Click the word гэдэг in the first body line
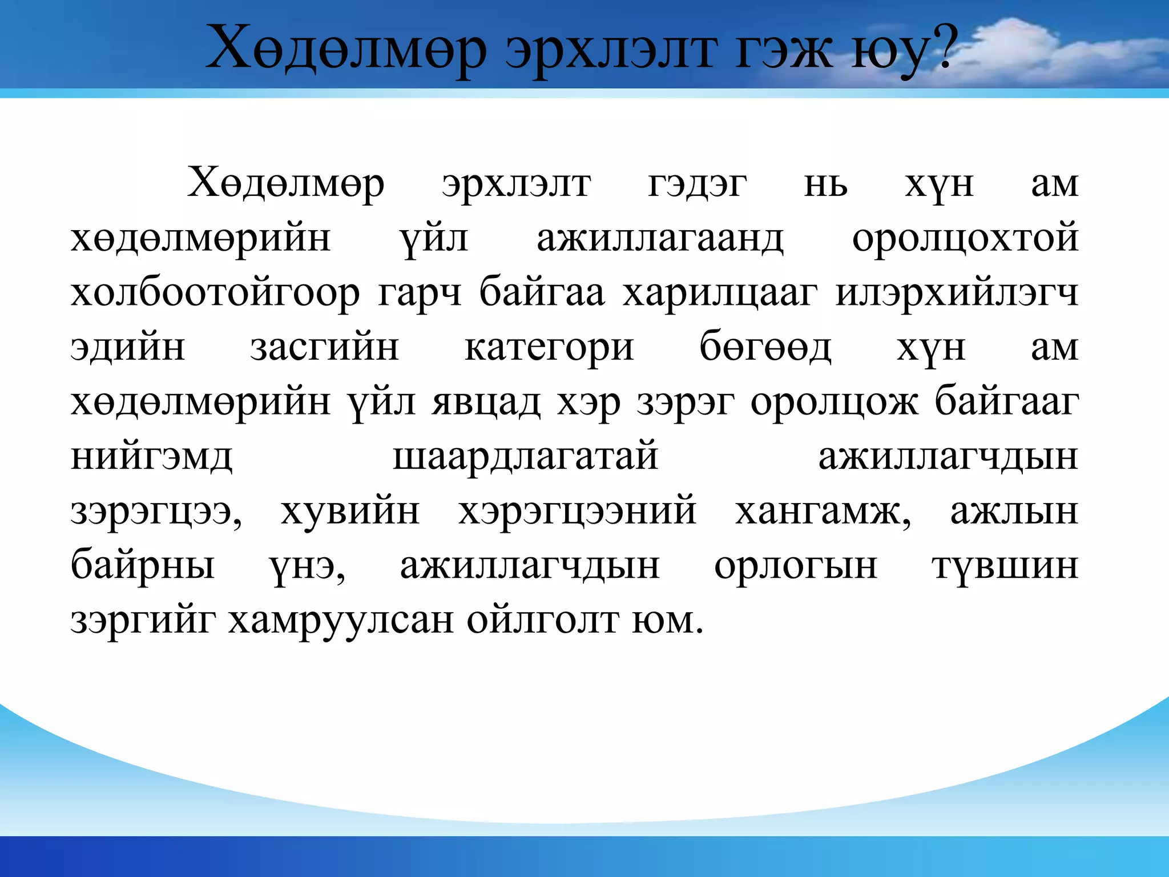(x=697, y=184)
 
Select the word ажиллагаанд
(x=660, y=238)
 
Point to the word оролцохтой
(x=965, y=238)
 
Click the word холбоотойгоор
(x=215, y=293)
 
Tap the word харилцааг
(x=720, y=293)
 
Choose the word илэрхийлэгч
(x=957, y=293)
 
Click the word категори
(x=549, y=348)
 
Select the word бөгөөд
(x=765, y=347)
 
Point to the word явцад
(x=486, y=402)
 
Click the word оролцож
(x=834, y=402)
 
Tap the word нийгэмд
(x=151, y=457)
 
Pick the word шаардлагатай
(x=526, y=457)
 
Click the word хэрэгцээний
(x=577, y=511)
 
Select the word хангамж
(x=822, y=511)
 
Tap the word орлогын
(x=796, y=566)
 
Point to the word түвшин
(x=1005, y=566)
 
